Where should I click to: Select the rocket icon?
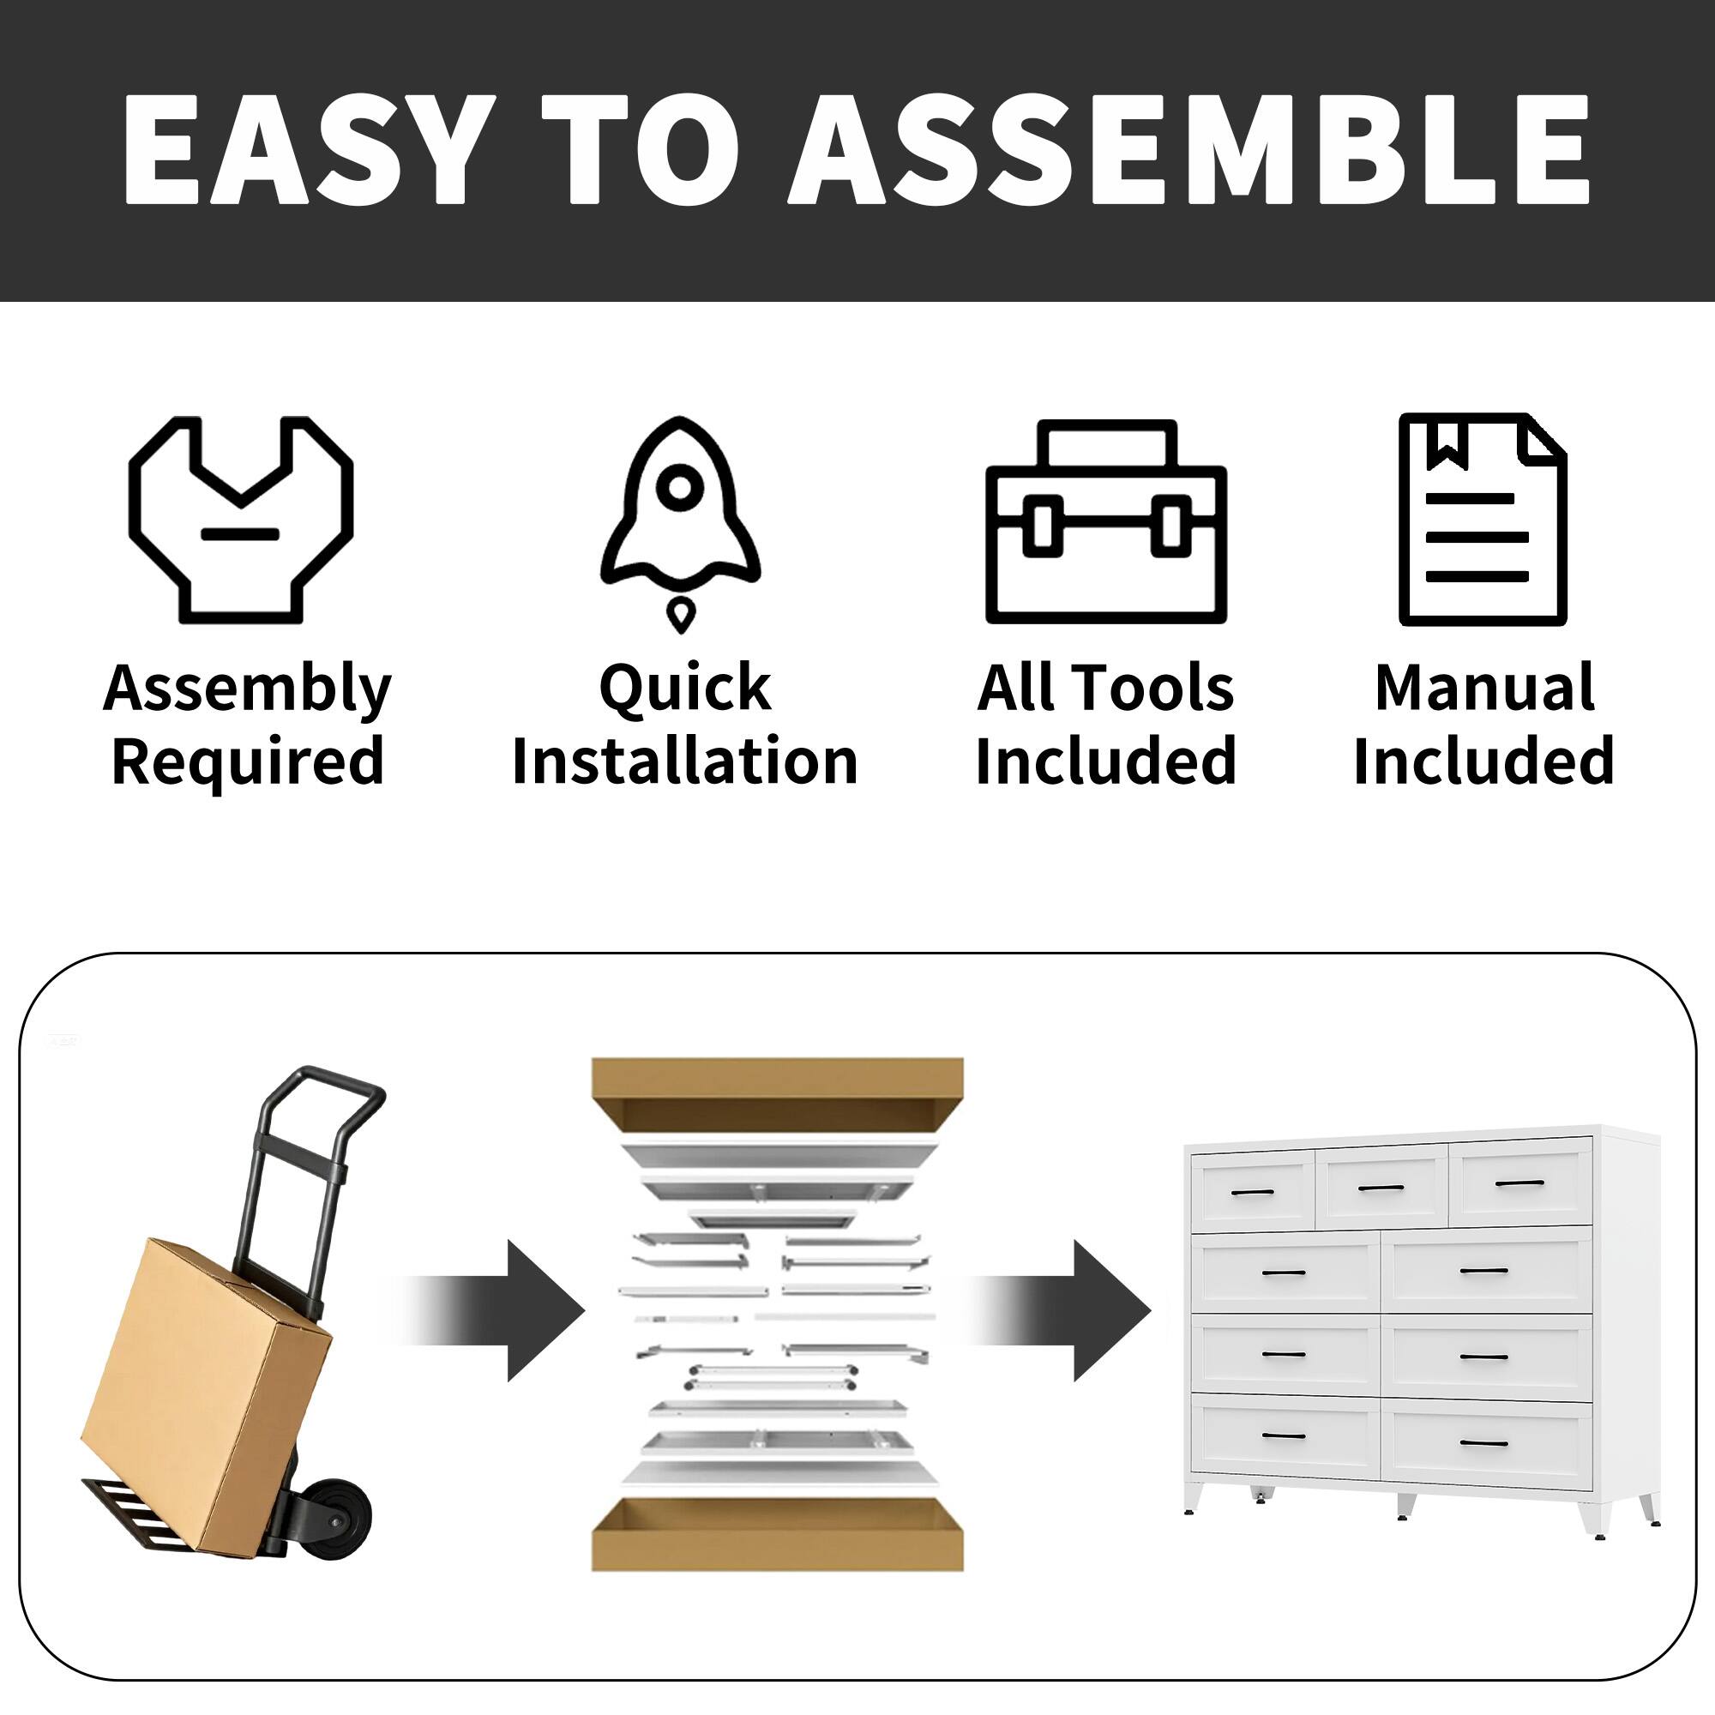point(680,514)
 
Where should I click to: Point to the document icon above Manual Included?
point(1482,520)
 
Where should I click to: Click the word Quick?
point(684,688)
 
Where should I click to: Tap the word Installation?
point(684,761)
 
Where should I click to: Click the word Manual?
point(1484,688)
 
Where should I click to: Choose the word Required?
point(248,761)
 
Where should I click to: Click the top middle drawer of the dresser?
point(1381,1188)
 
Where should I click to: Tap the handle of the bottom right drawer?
point(1483,1443)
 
